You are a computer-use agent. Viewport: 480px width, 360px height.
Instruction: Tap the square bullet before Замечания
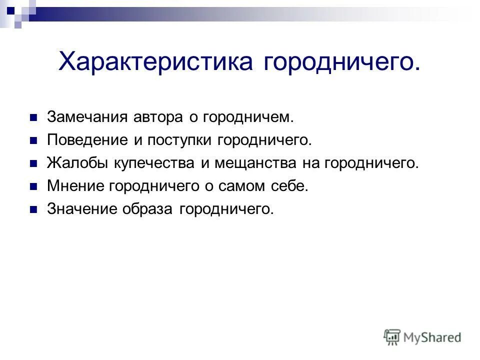click(34, 118)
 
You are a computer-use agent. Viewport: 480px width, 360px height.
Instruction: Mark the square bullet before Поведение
click(34, 141)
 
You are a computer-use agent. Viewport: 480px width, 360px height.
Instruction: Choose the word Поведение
click(86, 140)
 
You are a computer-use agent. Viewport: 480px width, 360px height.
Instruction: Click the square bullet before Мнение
click(34, 187)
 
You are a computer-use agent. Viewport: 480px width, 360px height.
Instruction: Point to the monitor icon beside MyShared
click(392, 337)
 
